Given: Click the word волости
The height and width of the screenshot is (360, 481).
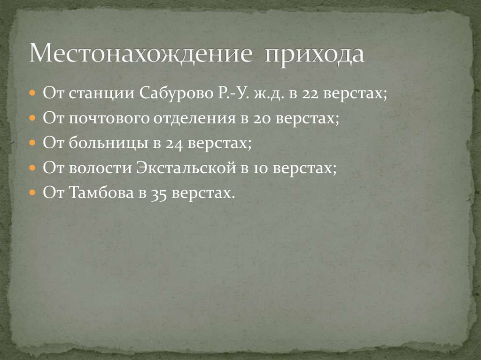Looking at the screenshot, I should pyautogui.click(x=98, y=168).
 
